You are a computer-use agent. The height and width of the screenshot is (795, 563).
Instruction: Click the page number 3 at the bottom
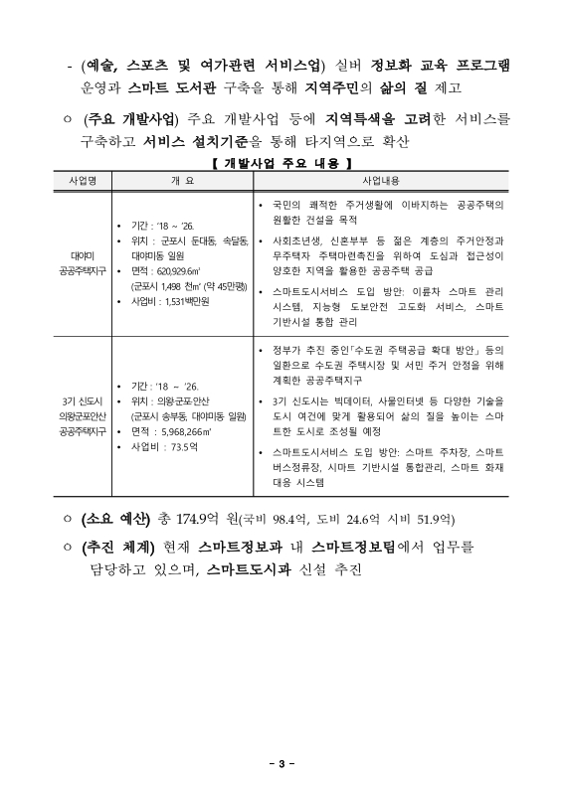281,763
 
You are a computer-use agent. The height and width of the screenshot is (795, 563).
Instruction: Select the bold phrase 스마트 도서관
168,86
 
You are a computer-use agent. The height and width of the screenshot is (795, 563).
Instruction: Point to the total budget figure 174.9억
198,518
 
